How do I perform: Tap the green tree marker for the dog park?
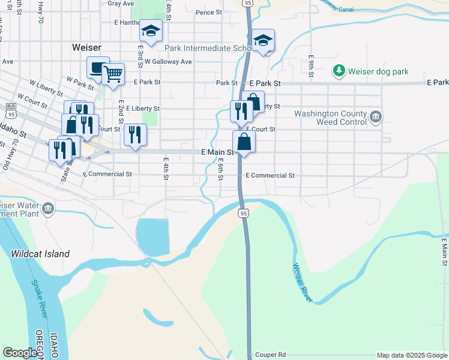pyautogui.click(x=340, y=71)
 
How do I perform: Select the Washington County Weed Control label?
pyautogui.click(x=330, y=118)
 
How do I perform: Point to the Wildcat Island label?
pyautogui.click(x=40, y=254)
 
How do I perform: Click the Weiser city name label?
pyautogui.click(x=86, y=47)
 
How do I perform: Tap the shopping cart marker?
pyautogui.click(x=113, y=74)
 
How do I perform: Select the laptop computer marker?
pyautogui.click(x=98, y=68)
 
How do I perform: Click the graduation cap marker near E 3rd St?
pyautogui.click(x=151, y=31)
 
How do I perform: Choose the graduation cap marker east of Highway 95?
pyautogui.click(x=263, y=40)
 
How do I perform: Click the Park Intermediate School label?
pyautogui.click(x=206, y=48)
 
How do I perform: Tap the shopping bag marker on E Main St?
pyautogui.click(x=244, y=142)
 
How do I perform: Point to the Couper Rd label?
pyautogui.click(x=270, y=355)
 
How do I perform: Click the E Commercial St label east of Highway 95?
pyautogui.click(x=270, y=176)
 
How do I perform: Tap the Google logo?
pyautogui.click(x=20, y=352)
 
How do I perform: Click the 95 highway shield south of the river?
pyautogui.click(x=243, y=213)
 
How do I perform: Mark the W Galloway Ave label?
pyautogui.click(x=168, y=61)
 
